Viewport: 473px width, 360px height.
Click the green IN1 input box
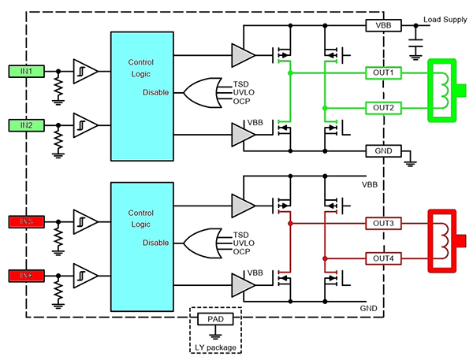[x=27, y=72]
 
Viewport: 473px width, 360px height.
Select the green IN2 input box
[x=27, y=124]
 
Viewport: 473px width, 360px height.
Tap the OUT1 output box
[x=383, y=72]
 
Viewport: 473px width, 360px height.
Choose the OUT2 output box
[x=383, y=107]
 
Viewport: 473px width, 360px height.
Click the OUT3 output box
[x=383, y=224]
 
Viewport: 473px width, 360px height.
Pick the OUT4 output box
[x=383, y=258]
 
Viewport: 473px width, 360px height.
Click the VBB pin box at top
[x=383, y=25]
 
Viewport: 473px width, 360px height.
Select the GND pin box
[x=383, y=150]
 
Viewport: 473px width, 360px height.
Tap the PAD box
[x=215, y=319]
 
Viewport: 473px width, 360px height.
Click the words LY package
[x=215, y=347]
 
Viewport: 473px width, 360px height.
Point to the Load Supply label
[x=445, y=20]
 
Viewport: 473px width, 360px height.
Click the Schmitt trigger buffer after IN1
[x=85, y=72]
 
